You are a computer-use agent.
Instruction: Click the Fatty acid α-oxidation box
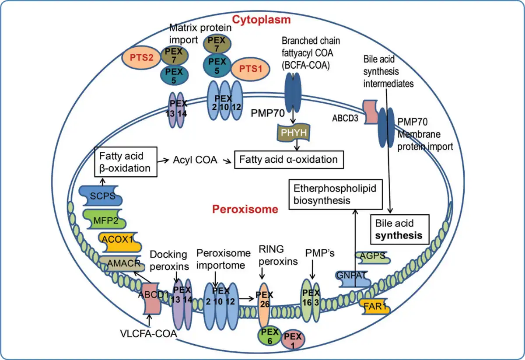(289, 160)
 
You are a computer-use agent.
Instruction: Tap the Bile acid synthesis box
(399, 229)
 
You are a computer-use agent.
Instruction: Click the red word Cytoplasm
(261, 19)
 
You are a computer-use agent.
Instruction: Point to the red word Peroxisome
(245, 209)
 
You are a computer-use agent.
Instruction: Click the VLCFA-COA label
(148, 334)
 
